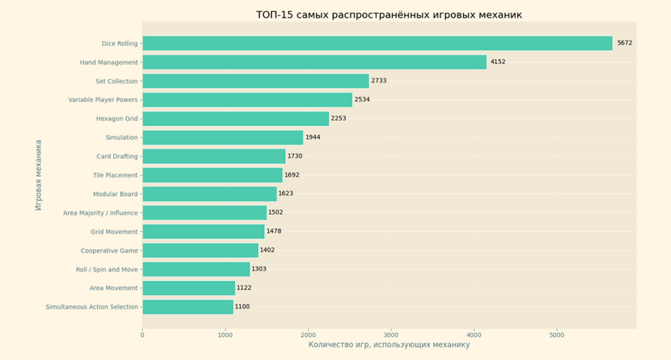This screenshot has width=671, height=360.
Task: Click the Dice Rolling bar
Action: click(377, 43)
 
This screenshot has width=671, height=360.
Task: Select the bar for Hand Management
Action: click(314, 62)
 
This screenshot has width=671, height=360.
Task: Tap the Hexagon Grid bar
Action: click(236, 119)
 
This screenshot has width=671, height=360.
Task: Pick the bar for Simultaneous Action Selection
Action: click(188, 306)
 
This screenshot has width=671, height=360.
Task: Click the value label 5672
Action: click(624, 43)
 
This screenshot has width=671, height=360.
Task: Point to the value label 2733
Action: click(379, 80)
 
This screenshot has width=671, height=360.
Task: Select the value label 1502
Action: click(276, 212)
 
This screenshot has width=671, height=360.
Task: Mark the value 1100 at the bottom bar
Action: click(243, 306)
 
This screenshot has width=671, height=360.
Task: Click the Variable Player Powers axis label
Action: click(103, 100)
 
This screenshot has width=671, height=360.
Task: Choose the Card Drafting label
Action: click(117, 157)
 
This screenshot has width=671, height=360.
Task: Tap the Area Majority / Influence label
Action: click(101, 213)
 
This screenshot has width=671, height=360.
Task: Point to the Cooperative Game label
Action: click(109, 250)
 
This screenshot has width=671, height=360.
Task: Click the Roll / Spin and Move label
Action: click(107, 269)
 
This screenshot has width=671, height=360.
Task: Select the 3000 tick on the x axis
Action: click(391, 335)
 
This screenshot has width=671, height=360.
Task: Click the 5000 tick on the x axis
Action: click(556, 335)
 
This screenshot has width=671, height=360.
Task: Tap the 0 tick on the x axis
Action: click(142, 335)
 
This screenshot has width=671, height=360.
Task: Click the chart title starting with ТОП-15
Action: click(388, 15)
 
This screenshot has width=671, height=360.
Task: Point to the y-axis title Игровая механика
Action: click(39, 174)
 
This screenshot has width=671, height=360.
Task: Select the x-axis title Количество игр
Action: click(388, 345)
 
